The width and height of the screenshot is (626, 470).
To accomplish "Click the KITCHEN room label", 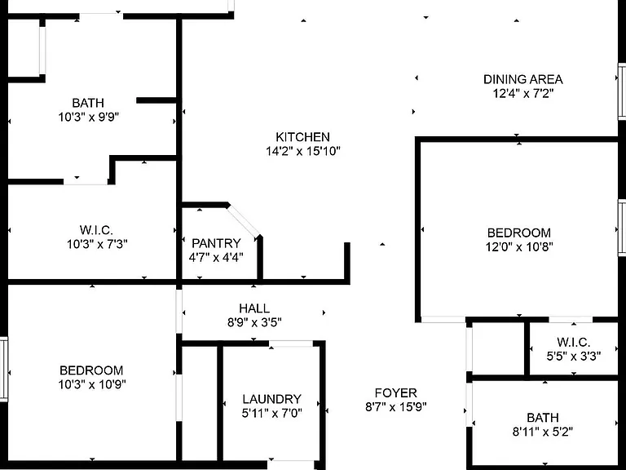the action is point(302,137).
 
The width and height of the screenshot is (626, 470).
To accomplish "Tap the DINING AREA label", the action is point(523,79).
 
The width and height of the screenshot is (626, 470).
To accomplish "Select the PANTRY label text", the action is point(216,243).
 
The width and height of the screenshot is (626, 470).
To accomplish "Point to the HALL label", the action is point(254,308).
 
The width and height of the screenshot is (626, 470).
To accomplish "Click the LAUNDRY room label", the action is point(271,399).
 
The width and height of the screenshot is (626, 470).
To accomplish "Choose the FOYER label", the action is point(395,392).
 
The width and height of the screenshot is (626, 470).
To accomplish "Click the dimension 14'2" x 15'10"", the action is point(303,151).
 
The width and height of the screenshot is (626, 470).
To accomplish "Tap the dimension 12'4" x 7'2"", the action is point(523,94).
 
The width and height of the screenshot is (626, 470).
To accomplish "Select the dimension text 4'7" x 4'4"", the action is point(216,257).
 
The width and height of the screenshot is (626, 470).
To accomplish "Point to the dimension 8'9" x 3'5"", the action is point(254,322).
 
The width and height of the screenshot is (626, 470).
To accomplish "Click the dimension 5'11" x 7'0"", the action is point(271,413).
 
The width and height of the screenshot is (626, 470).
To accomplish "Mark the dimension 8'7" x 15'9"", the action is point(395,407).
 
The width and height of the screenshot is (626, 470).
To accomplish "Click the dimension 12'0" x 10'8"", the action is point(519,246).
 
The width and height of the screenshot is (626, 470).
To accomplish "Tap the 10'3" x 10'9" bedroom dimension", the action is point(92,384).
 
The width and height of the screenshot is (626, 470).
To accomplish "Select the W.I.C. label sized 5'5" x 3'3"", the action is point(573,342).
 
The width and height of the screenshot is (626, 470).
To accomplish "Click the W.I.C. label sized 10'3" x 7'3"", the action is point(96,230).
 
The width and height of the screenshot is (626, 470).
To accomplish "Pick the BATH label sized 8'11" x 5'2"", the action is point(543,418).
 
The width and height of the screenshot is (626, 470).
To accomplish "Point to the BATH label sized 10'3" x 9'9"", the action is point(88,103).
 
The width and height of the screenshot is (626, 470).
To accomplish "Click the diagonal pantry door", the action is point(244,221).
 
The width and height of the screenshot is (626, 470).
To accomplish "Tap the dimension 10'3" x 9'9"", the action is point(89,117).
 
